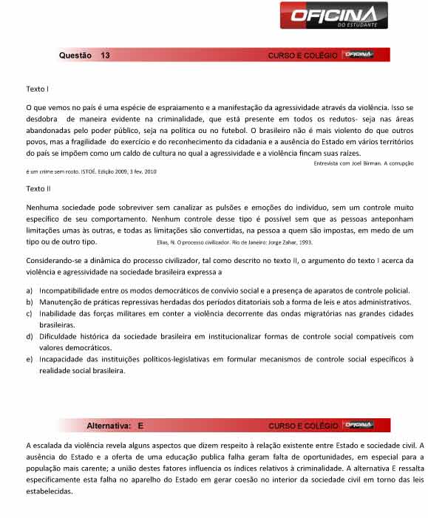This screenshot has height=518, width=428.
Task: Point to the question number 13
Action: pyautogui.click(x=106, y=55)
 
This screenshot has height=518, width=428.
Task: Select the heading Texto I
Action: pyautogui.click(x=37, y=89)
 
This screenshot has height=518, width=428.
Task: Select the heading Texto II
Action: pyautogui.click(x=38, y=189)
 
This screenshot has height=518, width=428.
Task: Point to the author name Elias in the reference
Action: pyautogui.click(x=164, y=242)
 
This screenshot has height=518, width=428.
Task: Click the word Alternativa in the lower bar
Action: pyautogui.click(x=109, y=426)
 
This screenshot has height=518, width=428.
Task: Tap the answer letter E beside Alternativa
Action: pyautogui.click(x=140, y=426)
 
